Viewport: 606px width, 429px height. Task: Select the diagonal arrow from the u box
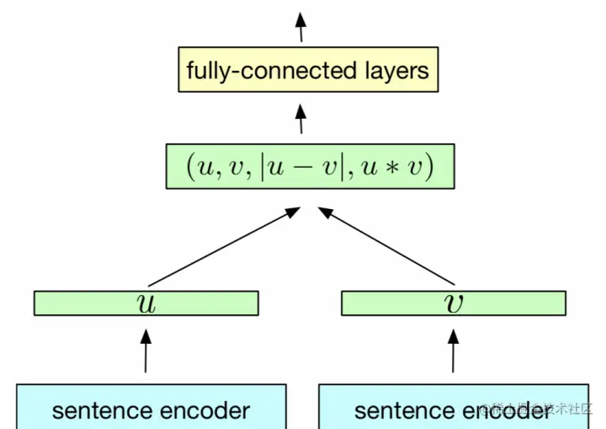point(223,249)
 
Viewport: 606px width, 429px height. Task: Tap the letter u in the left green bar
point(146,303)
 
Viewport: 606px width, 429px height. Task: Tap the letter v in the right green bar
point(453,303)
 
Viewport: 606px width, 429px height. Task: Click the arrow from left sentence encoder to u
point(146,351)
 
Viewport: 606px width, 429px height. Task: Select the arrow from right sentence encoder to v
point(453,351)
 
